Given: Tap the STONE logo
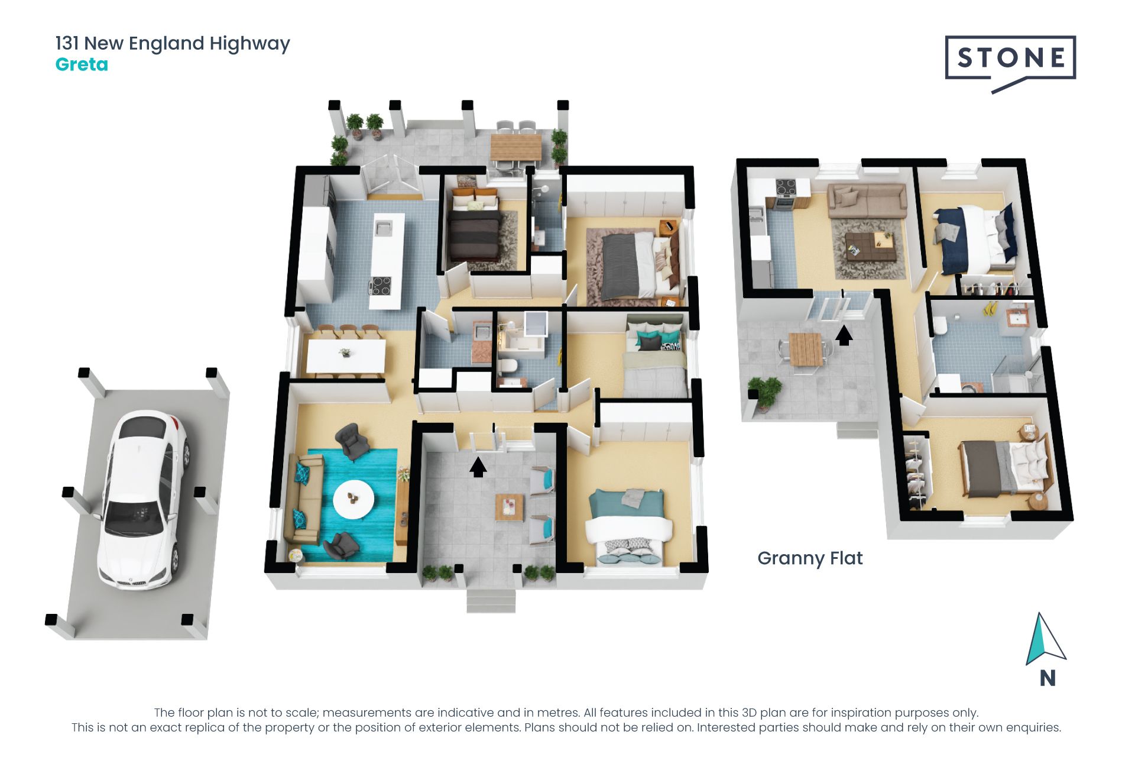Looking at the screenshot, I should (1010, 58).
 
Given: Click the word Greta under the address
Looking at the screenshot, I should (82, 64).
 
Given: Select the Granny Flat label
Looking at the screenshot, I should (810, 558).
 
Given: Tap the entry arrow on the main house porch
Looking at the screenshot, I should (478, 467).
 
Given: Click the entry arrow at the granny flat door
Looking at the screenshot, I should (844, 335).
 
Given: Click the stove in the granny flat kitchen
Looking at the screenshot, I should (786, 188).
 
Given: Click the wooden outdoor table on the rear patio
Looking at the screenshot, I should (516, 147).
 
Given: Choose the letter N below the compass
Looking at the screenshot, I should (1048, 678).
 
